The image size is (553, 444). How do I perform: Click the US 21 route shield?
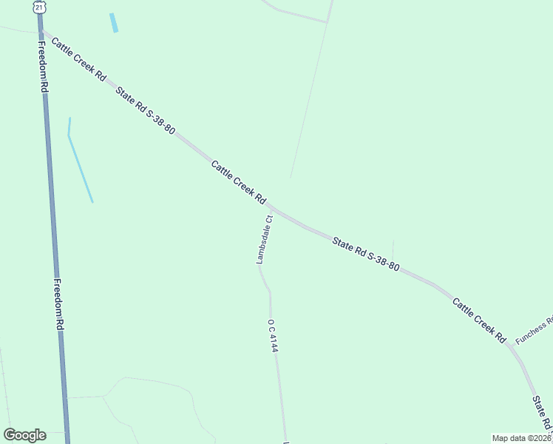39,7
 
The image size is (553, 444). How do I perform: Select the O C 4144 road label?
273,335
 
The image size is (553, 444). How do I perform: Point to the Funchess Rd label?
534,331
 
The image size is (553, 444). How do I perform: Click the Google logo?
24,435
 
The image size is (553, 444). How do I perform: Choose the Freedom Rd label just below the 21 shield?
44,67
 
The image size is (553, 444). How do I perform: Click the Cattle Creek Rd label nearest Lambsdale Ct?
238,182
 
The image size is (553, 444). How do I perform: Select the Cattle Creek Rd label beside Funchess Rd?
479,320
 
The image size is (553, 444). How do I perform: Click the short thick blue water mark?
114,22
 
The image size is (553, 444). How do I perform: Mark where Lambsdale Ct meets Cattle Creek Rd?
271,208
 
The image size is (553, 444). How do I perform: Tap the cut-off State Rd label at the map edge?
543,414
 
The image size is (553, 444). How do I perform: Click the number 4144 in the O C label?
274,342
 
